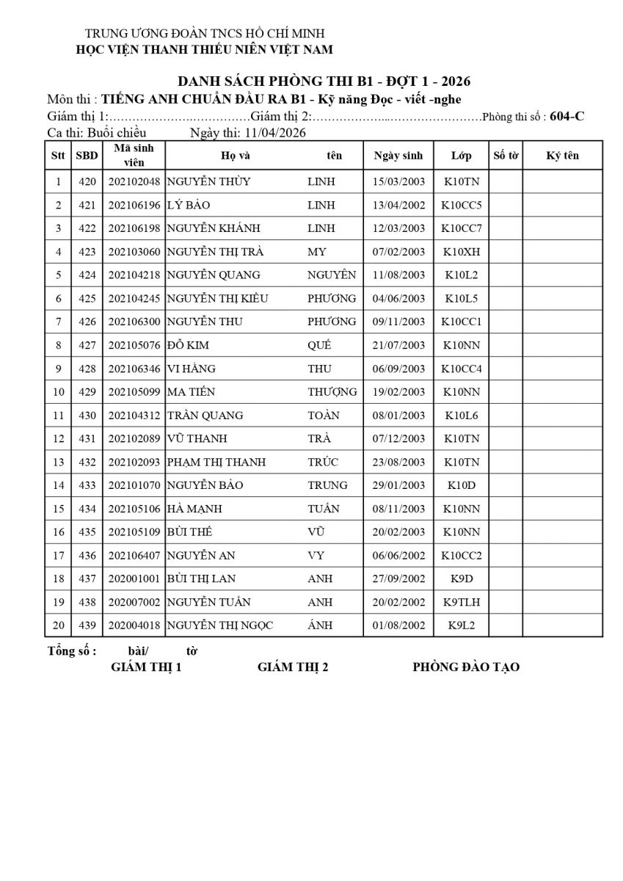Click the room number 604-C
567,116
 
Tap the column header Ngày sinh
398,156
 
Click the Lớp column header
462,156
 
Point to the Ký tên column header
563,156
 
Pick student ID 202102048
134,181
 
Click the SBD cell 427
87,345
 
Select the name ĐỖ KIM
188,345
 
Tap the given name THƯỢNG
332,392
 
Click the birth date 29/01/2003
398,485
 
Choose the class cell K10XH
462,252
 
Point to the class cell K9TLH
462,602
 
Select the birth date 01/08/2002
398,626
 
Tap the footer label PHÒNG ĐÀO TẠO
466,667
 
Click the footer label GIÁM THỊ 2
293,667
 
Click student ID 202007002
134,602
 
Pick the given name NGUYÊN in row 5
332,275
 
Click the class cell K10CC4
462,369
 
